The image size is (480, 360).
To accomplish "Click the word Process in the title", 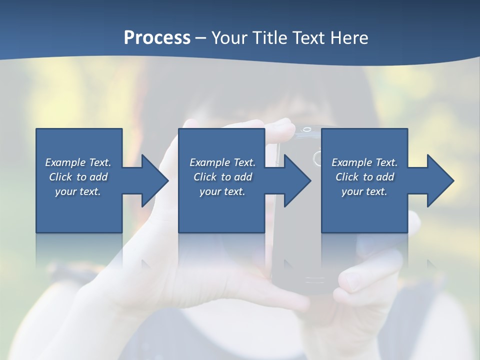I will [x=157, y=38].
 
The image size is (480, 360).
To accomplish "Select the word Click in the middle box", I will [x=204, y=177].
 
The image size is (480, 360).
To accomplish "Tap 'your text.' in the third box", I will [x=364, y=191].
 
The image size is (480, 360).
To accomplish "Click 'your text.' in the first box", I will [x=78, y=191].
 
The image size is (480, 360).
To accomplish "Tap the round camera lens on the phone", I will [x=317, y=159].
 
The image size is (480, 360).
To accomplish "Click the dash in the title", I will [x=201, y=38].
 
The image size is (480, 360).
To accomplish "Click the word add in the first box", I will [x=98, y=177].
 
